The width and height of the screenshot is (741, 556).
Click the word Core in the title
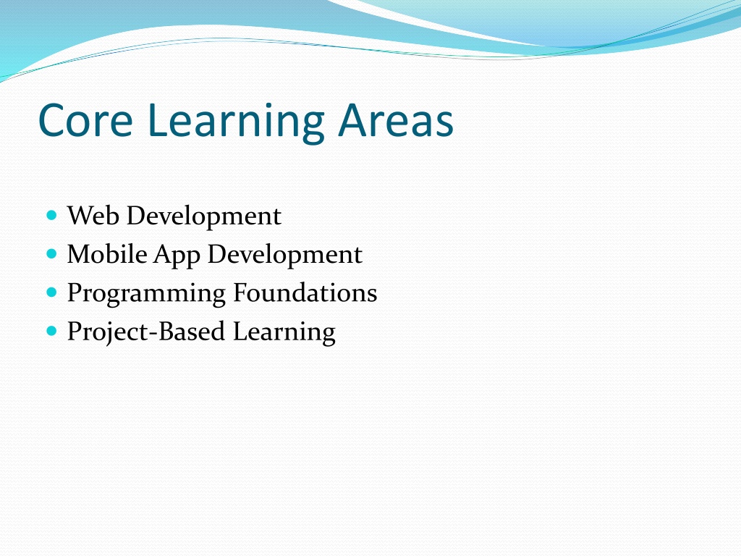85,121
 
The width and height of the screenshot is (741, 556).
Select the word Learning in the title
236,122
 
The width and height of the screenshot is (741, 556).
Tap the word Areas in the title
396,121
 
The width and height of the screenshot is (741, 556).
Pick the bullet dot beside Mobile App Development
52,254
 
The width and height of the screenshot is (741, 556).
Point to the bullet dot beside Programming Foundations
52,292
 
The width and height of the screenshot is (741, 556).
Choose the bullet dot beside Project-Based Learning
52,330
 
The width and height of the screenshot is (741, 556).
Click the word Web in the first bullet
93,216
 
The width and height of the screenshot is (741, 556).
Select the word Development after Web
203,217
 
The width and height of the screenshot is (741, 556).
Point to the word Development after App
285,256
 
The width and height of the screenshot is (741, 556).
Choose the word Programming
146,295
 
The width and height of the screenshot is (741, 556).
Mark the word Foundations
305,292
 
